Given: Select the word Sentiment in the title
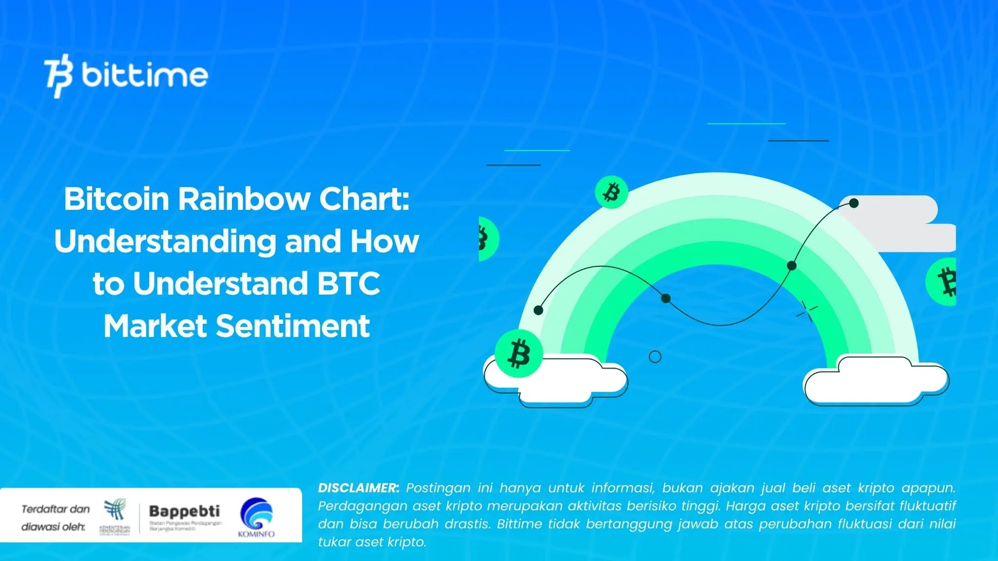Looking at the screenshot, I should [292, 326].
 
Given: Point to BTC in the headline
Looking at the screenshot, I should [348, 283].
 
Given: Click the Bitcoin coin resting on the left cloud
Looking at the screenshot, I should [518, 354].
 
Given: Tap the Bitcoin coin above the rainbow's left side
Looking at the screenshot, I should [611, 192].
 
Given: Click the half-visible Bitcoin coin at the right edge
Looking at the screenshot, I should [942, 282].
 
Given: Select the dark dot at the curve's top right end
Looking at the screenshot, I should [854, 203].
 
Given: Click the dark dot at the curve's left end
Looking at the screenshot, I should [538, 310].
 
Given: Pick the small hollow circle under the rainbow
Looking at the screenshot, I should [655, 357].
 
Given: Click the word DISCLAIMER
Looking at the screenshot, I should [358, 488].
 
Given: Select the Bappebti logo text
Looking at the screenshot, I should [184, 511].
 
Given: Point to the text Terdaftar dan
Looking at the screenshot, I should [56, 509].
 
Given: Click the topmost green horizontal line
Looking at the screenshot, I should [746, 124].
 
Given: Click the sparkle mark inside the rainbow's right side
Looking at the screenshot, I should [806, 311].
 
